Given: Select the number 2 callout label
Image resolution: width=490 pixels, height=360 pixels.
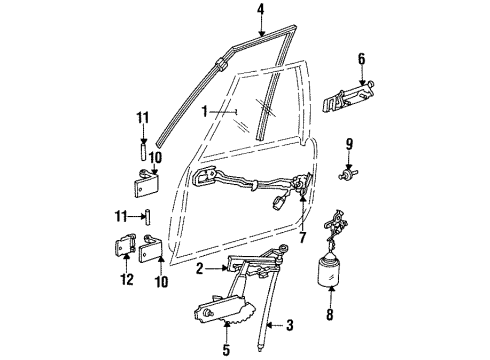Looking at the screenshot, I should (x=202, y=269).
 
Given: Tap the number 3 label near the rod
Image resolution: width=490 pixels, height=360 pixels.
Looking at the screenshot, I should (x=290, y=325).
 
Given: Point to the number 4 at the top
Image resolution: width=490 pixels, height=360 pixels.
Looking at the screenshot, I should (x=262, y=12).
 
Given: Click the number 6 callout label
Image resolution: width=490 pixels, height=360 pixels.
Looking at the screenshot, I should (x=362, y=60).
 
